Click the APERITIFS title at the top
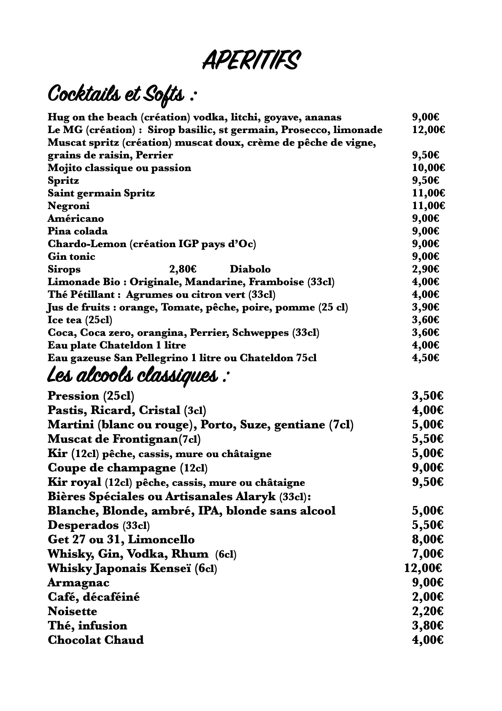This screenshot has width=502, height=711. tap(251, 60)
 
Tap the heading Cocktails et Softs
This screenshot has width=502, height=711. tap(122, 94)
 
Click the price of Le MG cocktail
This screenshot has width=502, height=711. tap(428, 130)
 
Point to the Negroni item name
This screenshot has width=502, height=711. tap(68, 206)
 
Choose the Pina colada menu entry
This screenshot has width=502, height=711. tap(78, 231)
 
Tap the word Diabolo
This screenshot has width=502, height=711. tap(250, 269)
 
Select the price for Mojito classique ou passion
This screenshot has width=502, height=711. tap(428, 168)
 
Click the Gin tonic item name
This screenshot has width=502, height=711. tap(71, 256)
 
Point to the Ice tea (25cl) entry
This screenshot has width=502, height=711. tap(80, 320)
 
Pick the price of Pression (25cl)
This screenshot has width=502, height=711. tap(427, 396)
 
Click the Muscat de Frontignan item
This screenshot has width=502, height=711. tap(124, 439)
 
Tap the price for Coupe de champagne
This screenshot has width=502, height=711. tap(427, 468)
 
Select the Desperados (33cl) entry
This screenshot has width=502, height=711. tap(99, 525)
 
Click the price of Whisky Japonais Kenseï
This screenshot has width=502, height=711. tap(424, 568)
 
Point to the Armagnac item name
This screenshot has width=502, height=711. tap(78, 583)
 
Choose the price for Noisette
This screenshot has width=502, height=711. tap(427, 611)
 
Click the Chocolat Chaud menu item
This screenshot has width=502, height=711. tap(96, 640)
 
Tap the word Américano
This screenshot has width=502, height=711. tap(76, 218)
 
